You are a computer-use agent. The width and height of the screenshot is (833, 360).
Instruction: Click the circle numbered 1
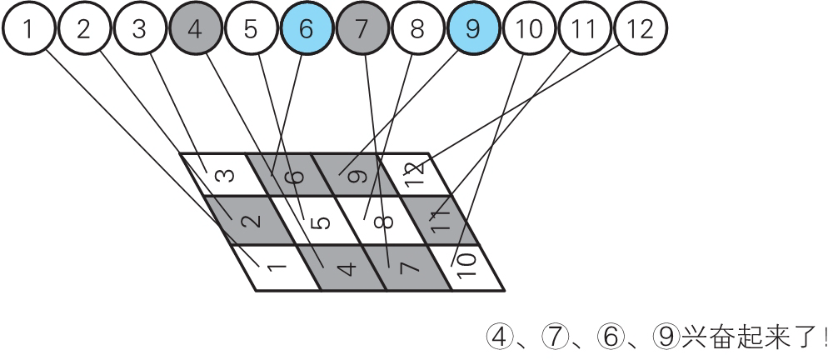point(28,30)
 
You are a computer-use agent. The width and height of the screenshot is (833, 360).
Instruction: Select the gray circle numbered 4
point(195,30)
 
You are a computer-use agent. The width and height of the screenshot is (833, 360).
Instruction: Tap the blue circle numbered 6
point(306,30)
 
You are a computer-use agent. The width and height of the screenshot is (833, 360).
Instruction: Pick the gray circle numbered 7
point(362,30)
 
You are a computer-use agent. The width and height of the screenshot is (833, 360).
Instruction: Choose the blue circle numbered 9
point(473,30)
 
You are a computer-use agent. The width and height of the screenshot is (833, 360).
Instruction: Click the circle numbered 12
point(641,30)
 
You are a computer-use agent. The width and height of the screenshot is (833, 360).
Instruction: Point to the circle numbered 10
point(529,30)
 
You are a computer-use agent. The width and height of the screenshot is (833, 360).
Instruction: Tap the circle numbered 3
point(139,30)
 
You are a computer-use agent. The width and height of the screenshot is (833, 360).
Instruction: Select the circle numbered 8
point(417,30)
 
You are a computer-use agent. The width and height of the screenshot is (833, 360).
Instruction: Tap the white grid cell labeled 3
point(222,175)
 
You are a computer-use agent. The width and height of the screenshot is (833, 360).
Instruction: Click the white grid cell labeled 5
point(318,222)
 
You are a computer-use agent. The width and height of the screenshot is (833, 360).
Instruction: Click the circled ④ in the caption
point(498,337)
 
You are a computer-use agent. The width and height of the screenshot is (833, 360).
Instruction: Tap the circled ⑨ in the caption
point(665,337)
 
